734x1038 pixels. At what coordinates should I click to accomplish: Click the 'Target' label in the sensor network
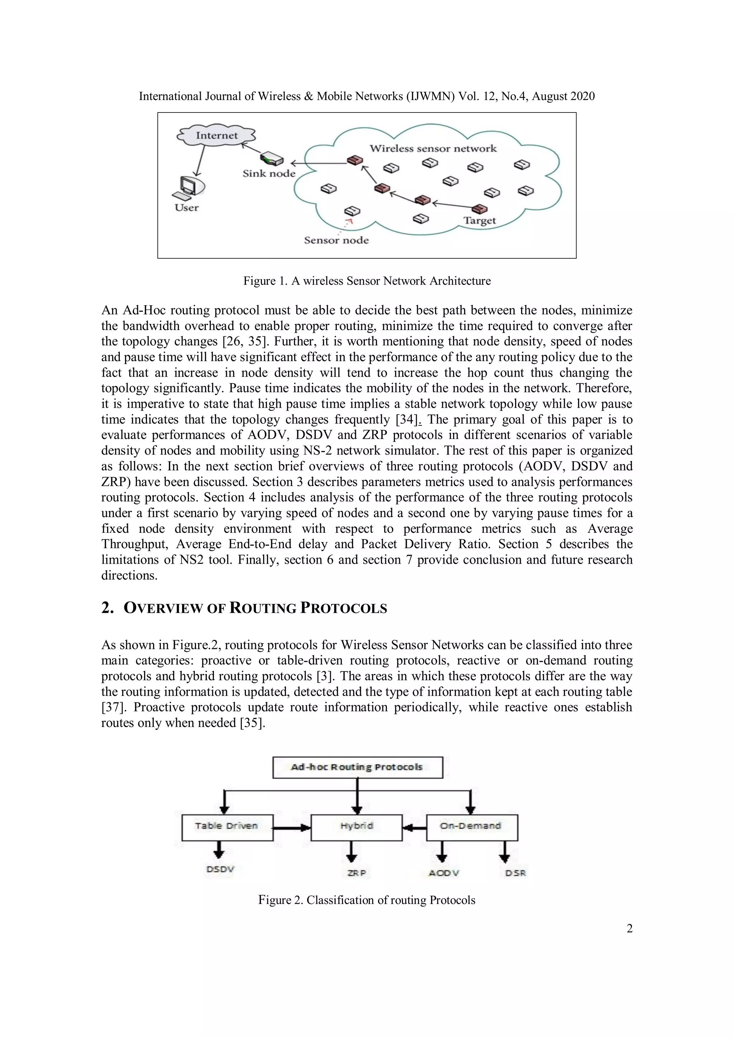[480, 221]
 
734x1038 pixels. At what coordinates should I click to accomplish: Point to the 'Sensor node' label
[336, 240]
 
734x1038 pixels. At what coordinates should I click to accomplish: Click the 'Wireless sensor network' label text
[433, 148]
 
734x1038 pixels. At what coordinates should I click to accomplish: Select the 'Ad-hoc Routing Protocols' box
[357, 767]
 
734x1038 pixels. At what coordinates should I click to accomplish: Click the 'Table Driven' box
[227, 826]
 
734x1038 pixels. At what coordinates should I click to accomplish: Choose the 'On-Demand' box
[471, 826]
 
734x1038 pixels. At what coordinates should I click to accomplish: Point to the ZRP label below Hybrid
[356, 873]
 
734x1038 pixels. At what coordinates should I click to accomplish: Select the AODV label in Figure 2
[444, 873]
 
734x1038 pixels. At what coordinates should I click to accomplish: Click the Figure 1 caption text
[367, 281]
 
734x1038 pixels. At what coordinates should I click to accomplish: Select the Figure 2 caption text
[367, 900]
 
